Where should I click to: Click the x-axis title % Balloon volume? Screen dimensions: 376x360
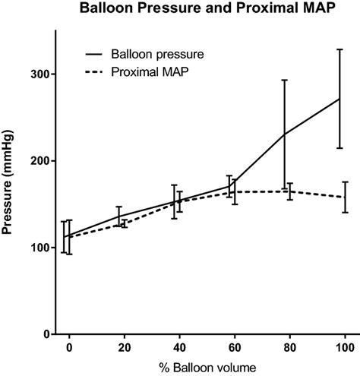click(207, 367)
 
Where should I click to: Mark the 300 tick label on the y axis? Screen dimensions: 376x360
click(40, 74)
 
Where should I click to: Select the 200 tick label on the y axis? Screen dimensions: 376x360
click(40, 161)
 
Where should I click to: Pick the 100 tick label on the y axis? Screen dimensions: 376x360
click(40, 248)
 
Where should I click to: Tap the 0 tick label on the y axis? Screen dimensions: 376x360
click(46, 334)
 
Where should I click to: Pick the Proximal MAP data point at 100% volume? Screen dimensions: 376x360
click(346, 197)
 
